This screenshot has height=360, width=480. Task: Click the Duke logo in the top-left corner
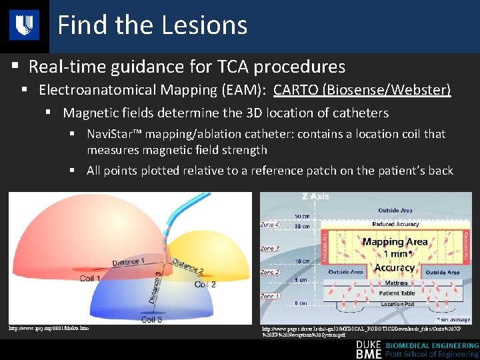[x=24, y=25]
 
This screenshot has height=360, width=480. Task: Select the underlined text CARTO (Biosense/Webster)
[x=362, y=89]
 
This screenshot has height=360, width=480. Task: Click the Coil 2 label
[x=205, y=284]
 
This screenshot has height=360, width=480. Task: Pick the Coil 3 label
[x=151, y=319]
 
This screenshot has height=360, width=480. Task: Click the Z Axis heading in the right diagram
[x=315, y=197]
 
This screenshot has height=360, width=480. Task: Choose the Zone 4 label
[x=270, y=225]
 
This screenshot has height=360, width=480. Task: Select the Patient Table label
[x=398, y=293]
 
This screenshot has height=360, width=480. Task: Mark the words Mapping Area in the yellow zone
[x=395, y=242]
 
